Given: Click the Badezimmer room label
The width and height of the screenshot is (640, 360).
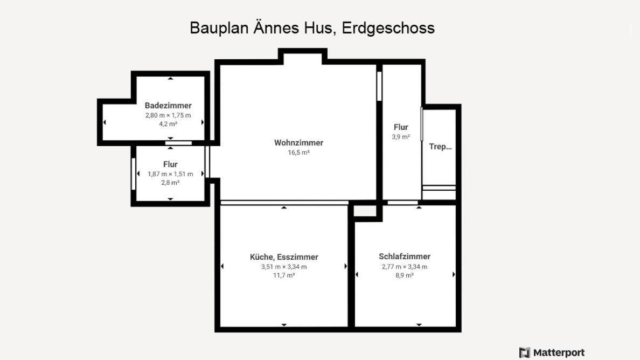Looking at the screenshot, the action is pyautogui.click(x=168, y=105).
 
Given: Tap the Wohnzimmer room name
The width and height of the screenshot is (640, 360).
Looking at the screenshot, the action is pyautogui.click(x=299, y=142).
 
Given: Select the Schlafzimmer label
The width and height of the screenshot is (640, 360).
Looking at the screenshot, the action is pyautogui.click(x=405, y=257).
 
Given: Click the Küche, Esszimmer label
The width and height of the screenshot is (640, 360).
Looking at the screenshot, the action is pyautogui.click(x=284, y=257).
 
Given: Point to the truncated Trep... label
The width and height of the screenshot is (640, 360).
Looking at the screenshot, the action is pyautogui.click(x=441, y=147).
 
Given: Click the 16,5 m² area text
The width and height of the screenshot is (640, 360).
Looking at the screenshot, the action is pyautogui.click(x=299, y=152).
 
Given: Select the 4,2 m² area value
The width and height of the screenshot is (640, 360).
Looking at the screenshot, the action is pyautogui.click(x=168, y=123).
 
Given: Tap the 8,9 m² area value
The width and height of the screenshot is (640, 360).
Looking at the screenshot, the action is pyautogui.click(x=405, y=275).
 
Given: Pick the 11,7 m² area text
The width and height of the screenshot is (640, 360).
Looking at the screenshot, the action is pyautogui.click(x=284, y=275).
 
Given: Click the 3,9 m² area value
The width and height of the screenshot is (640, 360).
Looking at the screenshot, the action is pyautogui.click(x=401, y=137).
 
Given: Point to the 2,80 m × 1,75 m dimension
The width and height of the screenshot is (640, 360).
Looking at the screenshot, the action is pyautogui.click(x=168, y=115).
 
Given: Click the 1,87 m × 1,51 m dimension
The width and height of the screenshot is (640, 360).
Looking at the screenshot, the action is pyautogui.click(x=170, y=174).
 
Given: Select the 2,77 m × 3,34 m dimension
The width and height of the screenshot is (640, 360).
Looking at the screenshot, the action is pyautogui.click(x=405, y=267).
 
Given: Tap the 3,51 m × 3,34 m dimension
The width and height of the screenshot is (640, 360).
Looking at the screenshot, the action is pyautogui.click(x=284, y=267).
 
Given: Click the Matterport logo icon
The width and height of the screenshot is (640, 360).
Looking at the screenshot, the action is pyautogui.click(x=525, y=352).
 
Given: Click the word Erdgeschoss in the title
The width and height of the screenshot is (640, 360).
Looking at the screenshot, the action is pyautogui.click(x=388, y=28).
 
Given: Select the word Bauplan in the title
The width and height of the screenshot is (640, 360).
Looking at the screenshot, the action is pyautogui.click(x=219, y=28).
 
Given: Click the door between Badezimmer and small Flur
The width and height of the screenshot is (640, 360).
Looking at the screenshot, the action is pyautogui.click(x=178, y=143).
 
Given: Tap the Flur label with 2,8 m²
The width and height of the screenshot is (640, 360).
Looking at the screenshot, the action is pyautogui.click(x=170, y=164).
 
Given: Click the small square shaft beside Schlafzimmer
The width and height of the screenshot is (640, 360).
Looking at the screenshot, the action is pyautogui.click(x=365, y=211).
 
